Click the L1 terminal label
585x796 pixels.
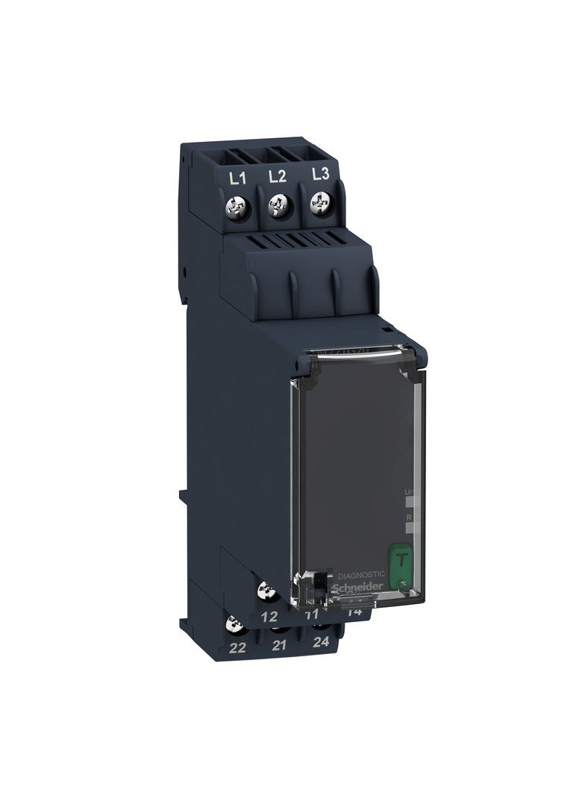[237, 178]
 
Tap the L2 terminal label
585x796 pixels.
[277, 176]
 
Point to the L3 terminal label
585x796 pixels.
[319, 174]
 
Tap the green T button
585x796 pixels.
[401, 558]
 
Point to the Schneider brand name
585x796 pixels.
[362, 587]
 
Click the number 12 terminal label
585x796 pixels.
[269, 617]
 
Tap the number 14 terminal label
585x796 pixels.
[354, 612]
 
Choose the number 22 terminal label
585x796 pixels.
[237, 647]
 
